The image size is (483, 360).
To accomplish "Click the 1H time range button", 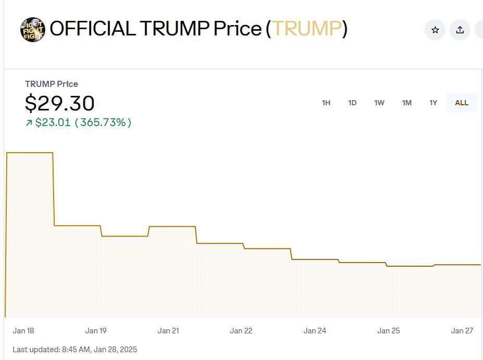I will click(326, 103).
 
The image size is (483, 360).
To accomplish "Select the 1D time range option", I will click(352, 103).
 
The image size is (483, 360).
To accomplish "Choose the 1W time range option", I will click(379, 103).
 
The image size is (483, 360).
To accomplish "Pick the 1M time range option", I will click(407, 103).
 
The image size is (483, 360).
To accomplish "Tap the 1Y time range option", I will click(434, 103).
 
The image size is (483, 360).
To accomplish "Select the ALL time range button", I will click(462, 103).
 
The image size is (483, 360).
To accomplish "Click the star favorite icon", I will click(435, 30).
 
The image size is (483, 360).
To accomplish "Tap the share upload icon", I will click(460, 30).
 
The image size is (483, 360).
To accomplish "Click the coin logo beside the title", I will click(33, 30).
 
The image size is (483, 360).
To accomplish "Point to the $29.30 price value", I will click(60, 103).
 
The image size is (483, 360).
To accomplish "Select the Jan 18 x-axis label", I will click(23, 331).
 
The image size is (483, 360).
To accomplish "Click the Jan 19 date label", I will click(96, 331).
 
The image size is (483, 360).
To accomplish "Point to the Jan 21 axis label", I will click(168, 331).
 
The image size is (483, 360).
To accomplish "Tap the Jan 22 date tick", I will click(241, 331).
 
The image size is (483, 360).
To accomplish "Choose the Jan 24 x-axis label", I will click(315, 331).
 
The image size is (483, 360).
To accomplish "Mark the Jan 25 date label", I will click(389, 331).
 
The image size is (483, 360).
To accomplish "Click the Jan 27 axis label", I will click(462, 331).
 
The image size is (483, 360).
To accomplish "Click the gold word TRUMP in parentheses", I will click(307, 29).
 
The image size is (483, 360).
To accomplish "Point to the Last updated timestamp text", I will click(75, 349).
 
